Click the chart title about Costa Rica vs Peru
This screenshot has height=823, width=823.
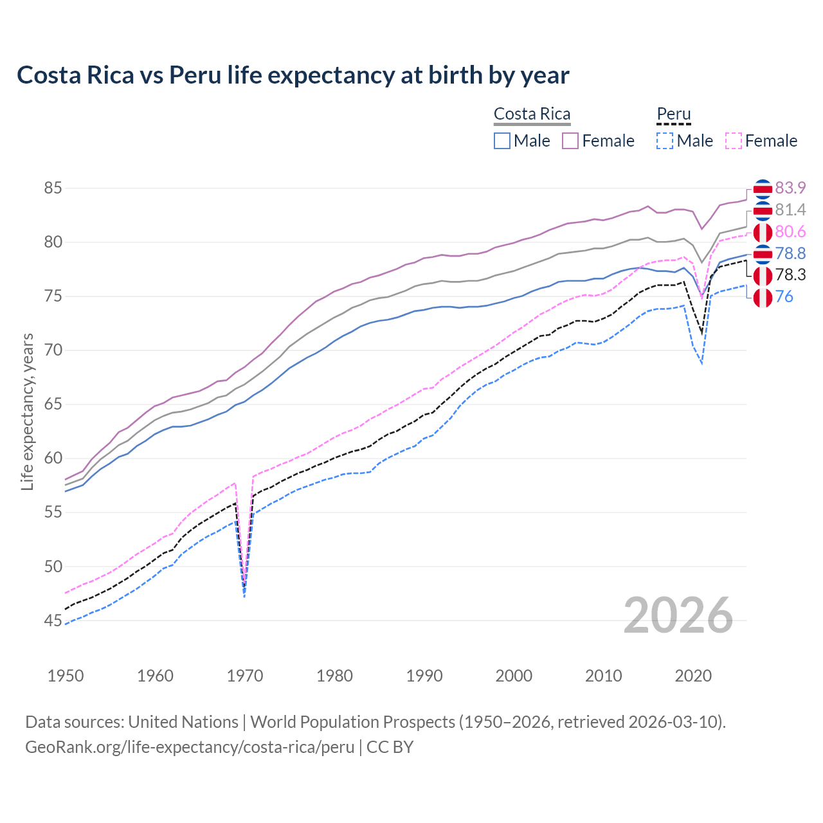[293, 75]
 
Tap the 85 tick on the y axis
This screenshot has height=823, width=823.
[53, 188]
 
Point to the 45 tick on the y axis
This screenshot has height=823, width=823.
[53, 620]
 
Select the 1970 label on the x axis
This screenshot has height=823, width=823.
[245, 676]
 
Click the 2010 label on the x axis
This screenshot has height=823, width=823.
[603, 676]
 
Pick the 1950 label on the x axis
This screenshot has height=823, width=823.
[66, 676]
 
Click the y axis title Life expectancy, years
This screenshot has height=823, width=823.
[27, 411]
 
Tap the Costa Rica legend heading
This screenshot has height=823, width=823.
[532, 114]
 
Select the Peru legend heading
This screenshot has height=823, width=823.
[673, 114]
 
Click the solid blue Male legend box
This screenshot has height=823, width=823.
[502, 141]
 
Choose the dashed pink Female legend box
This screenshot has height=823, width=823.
[734, 141]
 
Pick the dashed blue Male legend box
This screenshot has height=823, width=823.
[665, 141]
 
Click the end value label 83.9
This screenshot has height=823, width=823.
[790, 188]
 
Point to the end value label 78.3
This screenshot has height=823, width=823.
[790, 275]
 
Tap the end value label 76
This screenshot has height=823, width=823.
[784, 297]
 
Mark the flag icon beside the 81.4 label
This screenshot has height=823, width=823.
[763, 210]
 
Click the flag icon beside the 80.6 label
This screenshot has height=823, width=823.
[763, 232]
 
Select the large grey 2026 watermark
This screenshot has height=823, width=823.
[678, 615]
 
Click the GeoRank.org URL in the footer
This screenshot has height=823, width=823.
[190, 747]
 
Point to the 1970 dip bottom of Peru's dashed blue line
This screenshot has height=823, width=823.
[244, 597]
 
